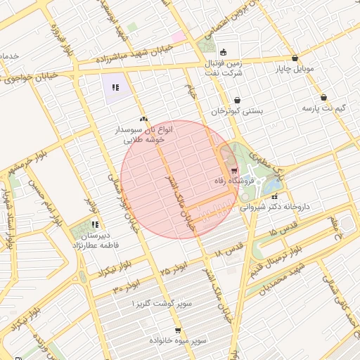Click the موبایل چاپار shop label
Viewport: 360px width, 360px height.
(x=294, y=69)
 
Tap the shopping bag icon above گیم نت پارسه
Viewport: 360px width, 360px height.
(x=323, y=98)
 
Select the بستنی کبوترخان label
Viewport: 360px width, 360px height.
(x=238, y=111)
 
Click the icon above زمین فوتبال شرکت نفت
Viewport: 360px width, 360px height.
(x=224, y=52)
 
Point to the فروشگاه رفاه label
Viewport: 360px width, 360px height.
(x=233, y=181)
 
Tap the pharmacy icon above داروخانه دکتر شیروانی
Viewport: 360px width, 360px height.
(x=274, y=196)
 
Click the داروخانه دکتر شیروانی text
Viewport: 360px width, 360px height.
(x=275, y=207)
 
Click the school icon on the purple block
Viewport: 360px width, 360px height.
(x=115, y=88)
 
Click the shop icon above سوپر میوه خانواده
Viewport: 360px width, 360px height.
(x=178, y=329)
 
